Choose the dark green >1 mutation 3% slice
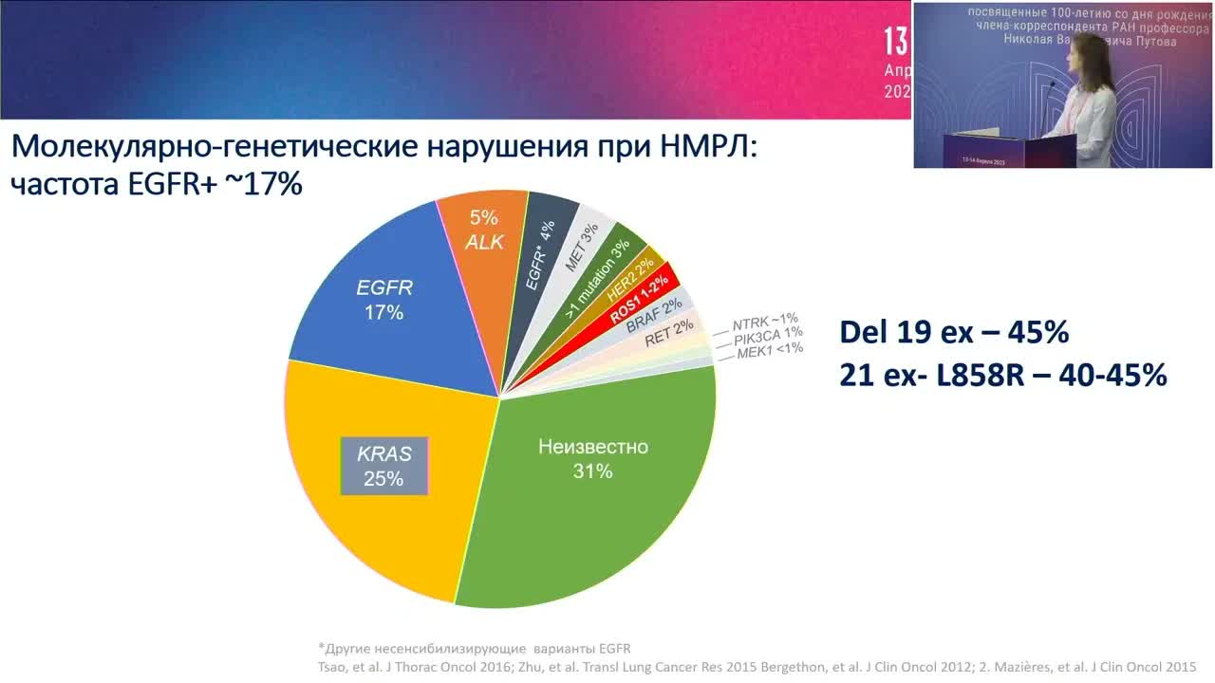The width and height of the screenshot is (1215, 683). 598,275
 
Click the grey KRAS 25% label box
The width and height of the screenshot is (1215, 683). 384,466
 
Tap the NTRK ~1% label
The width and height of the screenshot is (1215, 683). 765,320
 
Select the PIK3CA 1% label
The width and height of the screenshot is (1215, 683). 769,335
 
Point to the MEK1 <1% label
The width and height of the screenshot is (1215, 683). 770,350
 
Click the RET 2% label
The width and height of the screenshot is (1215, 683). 670,332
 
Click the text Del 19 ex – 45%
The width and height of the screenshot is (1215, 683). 954,333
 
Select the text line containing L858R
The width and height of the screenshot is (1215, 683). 1002,376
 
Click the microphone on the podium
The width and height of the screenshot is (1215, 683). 1050,90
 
